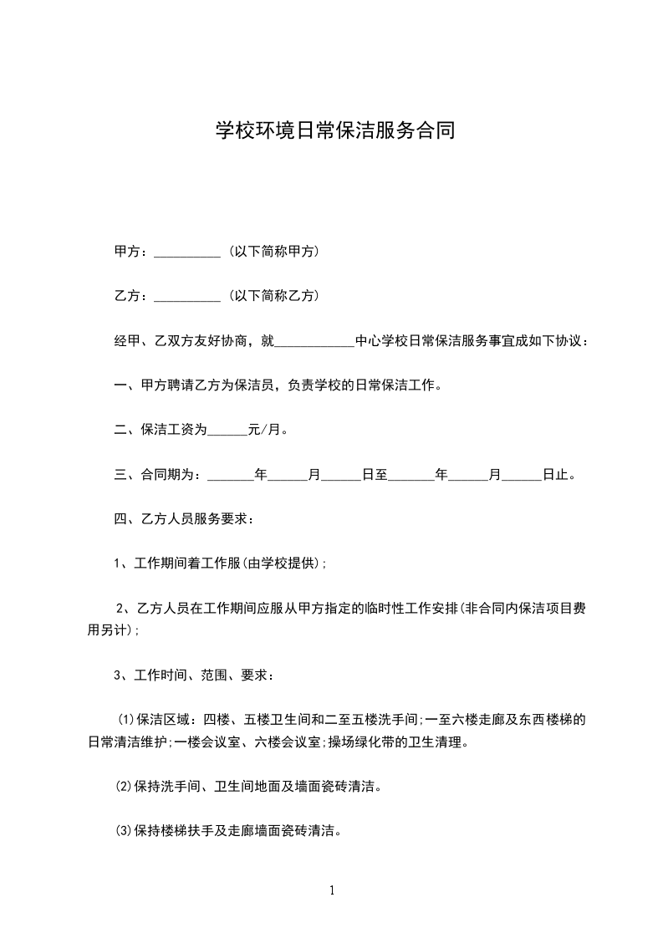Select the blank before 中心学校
point(314,342)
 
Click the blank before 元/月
point(227,431)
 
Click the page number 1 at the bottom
point(332,890)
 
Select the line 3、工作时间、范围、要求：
point(193,675)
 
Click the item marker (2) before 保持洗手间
point(124,787)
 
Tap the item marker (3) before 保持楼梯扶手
point(124,832)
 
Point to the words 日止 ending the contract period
point(554,475)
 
